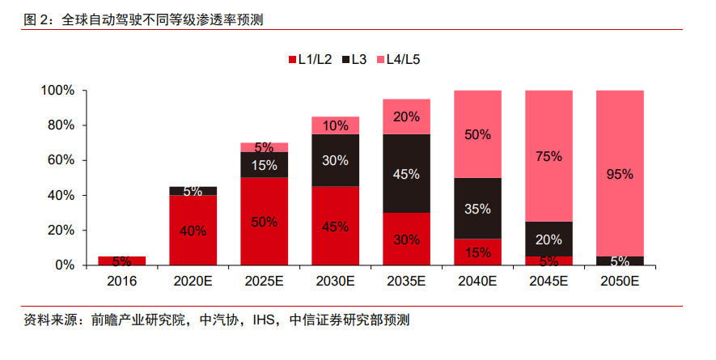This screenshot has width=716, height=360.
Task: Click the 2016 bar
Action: (121, 260)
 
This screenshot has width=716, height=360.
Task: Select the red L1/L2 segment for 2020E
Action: (193, 231)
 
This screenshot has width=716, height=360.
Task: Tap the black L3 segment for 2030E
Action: (335, 160)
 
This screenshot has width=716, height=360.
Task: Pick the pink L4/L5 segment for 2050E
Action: (620, 173)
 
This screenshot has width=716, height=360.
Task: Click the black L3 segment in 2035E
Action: (406, 173)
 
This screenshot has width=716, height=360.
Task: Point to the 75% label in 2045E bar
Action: (549, 156)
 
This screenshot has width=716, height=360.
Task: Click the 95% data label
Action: (620, 174)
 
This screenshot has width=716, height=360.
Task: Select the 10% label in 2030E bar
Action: (335, 125)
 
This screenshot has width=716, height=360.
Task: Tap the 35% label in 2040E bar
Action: (477, 209)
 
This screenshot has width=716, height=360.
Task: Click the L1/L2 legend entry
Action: (311, 59)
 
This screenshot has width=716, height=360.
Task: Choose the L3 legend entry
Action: (355, 59)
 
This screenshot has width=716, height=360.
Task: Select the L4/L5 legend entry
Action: (397, 59)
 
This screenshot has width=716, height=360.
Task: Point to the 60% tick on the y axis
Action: (61, 160)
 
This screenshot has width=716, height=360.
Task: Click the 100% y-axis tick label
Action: (57, 91)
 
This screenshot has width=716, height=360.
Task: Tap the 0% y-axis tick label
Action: (64, 265)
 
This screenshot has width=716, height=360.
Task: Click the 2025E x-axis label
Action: (264, 282)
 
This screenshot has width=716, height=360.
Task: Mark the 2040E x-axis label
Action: (477, 282)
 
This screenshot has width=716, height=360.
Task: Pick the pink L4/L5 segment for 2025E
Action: (264, 147)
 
